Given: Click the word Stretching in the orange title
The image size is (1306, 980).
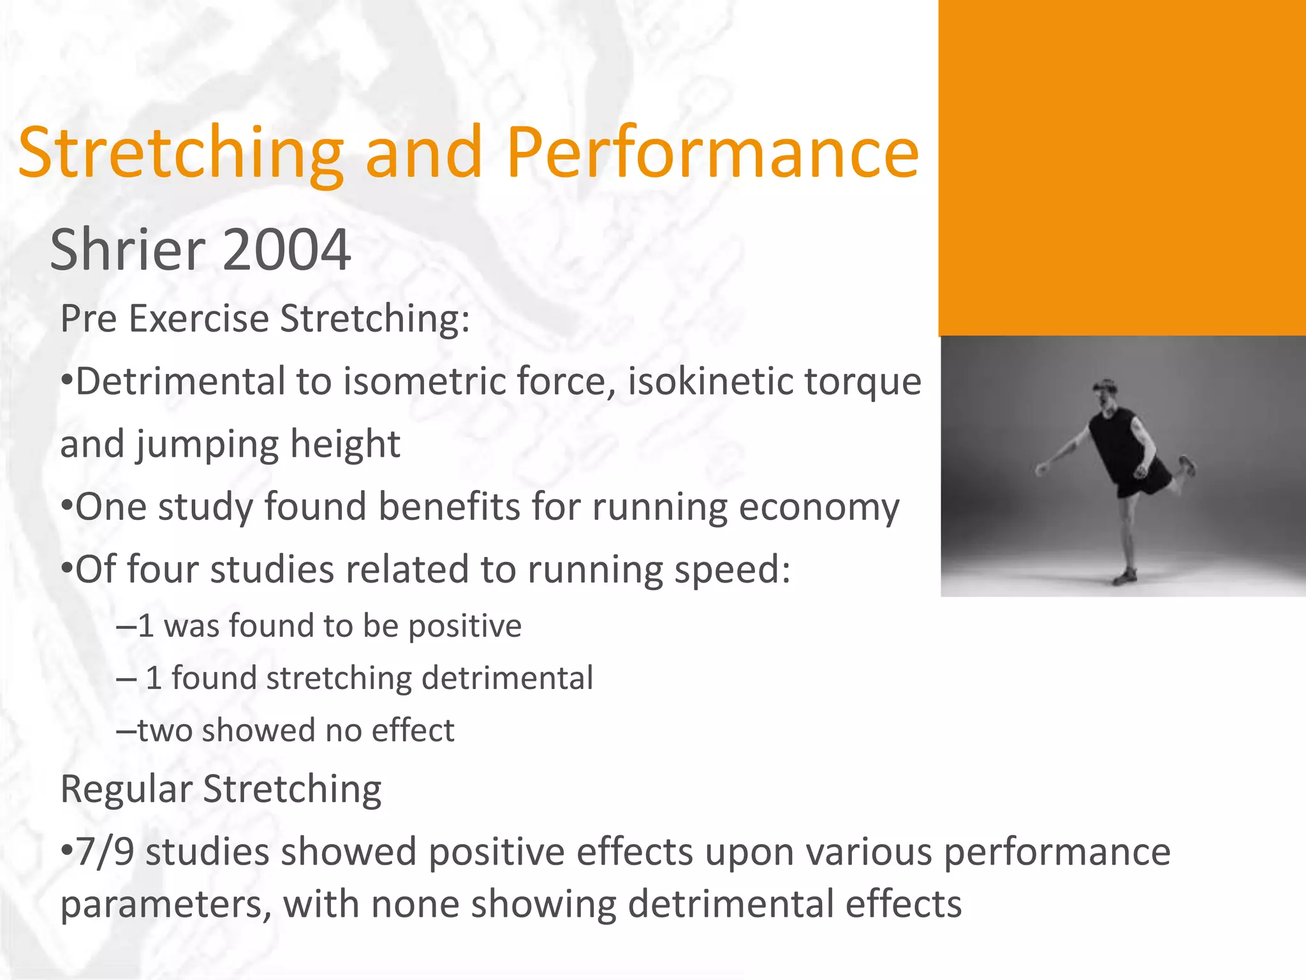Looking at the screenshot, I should point(180,153).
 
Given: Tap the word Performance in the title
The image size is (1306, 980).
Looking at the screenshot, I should point(712,153).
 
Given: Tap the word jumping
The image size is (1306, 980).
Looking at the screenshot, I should point(207,445).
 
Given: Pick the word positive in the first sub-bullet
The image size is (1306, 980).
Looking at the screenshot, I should point(465,626).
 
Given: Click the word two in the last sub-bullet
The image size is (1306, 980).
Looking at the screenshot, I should point(165,731).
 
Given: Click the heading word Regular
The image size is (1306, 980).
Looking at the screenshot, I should point(126,789).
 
